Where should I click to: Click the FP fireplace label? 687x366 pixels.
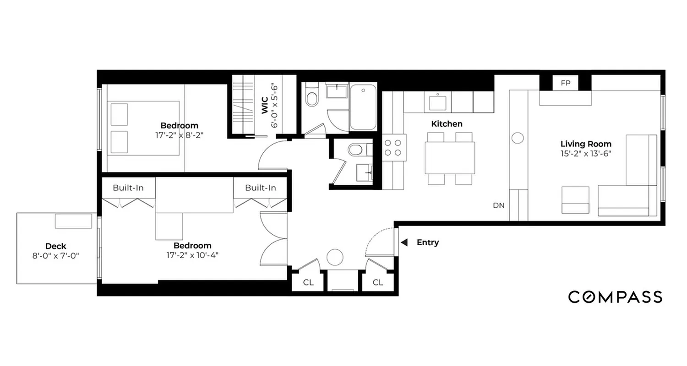[565, 83]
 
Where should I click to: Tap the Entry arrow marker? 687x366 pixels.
[404, 242]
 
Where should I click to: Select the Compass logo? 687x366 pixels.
[615, 297]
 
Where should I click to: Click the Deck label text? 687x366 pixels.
[55, 247]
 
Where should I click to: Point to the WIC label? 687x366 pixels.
[265, 105]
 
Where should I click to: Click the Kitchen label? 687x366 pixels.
[447, 124]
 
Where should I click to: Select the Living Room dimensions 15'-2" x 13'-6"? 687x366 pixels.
[586, 153]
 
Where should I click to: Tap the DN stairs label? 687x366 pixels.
[499, 205]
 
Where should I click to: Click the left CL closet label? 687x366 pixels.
[308, 282]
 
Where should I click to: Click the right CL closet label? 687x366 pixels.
[377, 282]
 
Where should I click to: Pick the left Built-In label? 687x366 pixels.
[128, 188]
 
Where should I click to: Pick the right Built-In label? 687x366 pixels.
[260, 188]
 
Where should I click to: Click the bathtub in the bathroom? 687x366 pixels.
[363, 107]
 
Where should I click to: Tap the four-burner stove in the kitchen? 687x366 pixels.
[394, 147]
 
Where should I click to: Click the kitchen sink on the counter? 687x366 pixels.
[437, 102]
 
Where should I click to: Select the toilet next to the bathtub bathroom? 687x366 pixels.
[312, 97]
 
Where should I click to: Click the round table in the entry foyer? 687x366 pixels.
[335, 257]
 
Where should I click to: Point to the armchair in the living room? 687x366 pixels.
[575, 200]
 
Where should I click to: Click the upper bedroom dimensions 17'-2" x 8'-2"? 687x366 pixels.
[179, 135]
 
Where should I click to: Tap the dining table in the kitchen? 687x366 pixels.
[450, 158]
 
